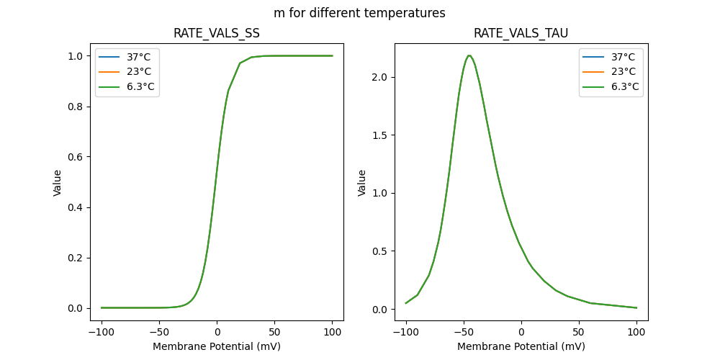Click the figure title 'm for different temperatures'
pyautogui.click(x=359, y=13)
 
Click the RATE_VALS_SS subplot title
pyautogui.click(x=217, y=33)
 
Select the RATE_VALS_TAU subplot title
pyautogui.click(x=521, y=33)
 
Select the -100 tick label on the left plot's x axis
pyautogui.click(x=102, y=333)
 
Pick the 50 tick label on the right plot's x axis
pyautogui.click(x=578, y=333)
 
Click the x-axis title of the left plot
pyautogui.click(x=217, y=346)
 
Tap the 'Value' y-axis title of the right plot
pyautogui.click(x=362, y=183)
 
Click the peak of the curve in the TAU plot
pyautogui.click(x=469, y=55)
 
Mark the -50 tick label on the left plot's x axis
pyautogui.click(x=159, y=333)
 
